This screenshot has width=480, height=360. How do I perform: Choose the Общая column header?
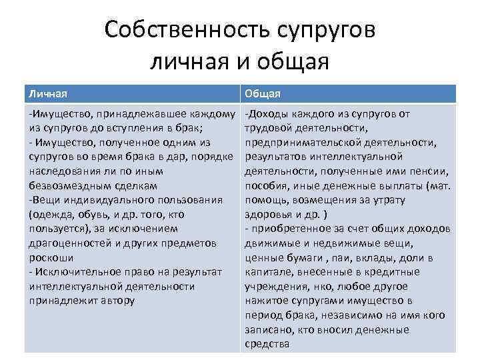pos(263,94)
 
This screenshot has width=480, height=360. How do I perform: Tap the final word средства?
pos(267,344)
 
